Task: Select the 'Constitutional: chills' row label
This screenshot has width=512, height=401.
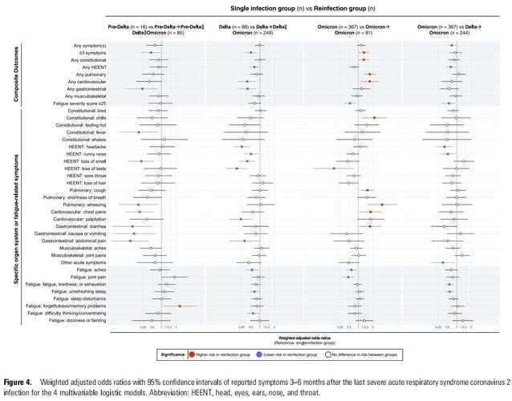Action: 83,118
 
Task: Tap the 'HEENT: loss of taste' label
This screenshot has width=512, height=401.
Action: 87,169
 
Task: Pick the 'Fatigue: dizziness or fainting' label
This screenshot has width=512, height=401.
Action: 78,320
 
